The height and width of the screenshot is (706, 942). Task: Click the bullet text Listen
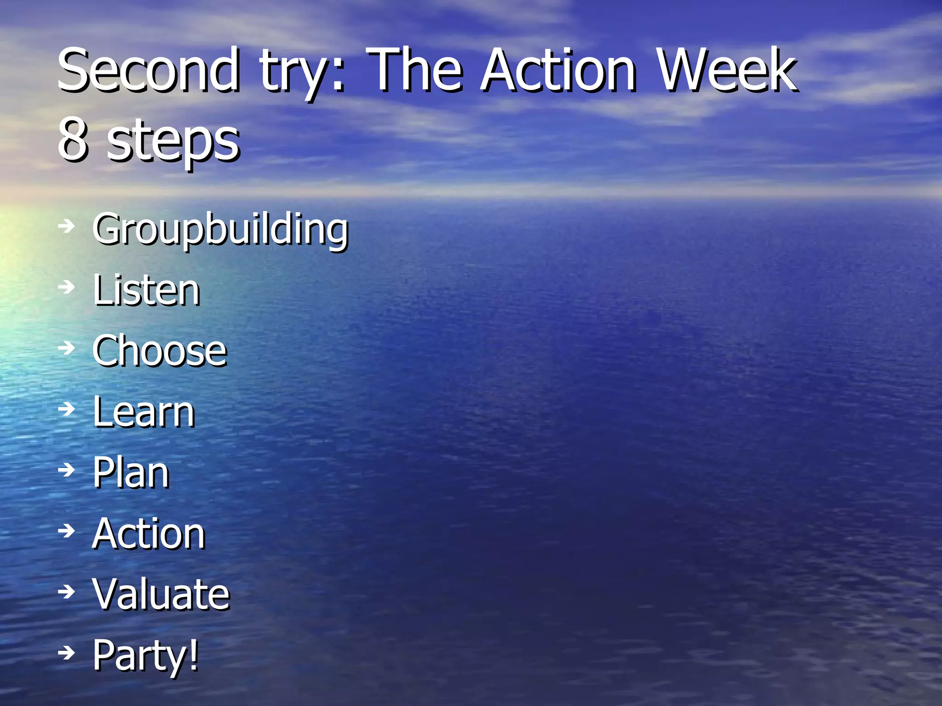click(146, 290)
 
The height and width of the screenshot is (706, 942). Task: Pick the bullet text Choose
click(160, 351)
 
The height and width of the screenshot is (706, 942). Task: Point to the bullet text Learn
click(144, 412)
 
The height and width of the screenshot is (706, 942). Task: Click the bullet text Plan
click(131, 473)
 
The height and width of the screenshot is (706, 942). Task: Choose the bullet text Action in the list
click(148, 533)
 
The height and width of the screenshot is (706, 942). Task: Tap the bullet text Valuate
click(161, 594)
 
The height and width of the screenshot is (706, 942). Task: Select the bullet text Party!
click(145, 656)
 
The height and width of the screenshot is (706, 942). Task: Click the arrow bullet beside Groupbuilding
click(67, 226)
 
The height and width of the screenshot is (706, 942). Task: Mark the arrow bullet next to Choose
click(67, 348)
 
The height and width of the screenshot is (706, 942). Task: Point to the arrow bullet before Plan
click(67, 470)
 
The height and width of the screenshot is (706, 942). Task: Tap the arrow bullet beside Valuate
click(67, 592)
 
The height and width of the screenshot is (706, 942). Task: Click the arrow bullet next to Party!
click(67, 652)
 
